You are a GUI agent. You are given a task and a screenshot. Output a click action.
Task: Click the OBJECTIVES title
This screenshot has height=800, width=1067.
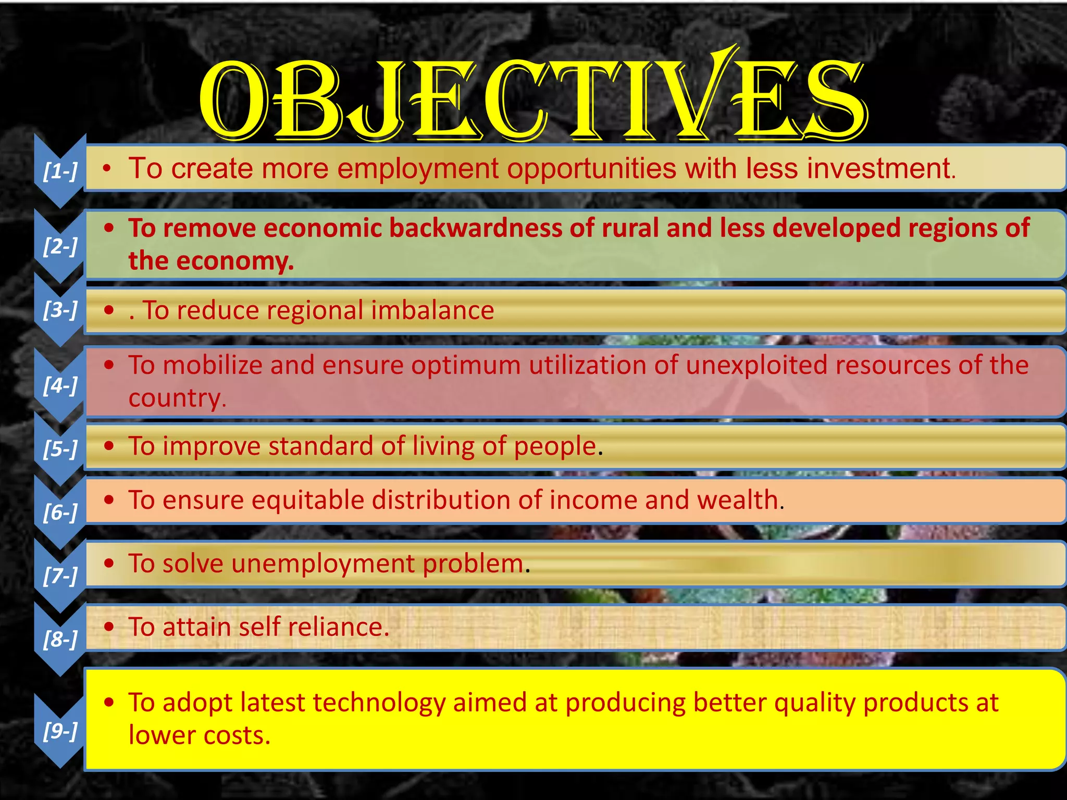[x=532, y=99]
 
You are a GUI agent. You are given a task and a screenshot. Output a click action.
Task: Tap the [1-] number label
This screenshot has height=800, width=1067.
[x=60, y=170]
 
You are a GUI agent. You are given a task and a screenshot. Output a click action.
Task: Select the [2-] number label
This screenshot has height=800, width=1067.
[x=60, y=245]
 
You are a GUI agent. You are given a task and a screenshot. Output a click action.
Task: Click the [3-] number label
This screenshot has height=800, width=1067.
[x=60, y=310]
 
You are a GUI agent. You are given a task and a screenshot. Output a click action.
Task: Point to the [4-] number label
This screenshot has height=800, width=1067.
[x=60, y=385]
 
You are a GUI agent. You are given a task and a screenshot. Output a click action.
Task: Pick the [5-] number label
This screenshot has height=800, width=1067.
[x=60, y=448]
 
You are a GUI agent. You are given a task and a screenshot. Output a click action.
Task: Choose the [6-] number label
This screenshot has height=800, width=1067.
[x=60, y=512]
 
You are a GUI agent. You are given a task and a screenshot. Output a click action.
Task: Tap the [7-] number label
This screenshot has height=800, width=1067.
[x=60, y=576]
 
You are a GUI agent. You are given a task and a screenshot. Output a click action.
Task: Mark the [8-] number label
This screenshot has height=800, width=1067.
[x=60, y=639]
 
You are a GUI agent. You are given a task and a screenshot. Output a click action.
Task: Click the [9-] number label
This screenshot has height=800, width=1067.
[x=60, y=731]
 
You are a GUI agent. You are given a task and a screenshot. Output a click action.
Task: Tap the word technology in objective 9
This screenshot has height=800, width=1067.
[x=379, y=703]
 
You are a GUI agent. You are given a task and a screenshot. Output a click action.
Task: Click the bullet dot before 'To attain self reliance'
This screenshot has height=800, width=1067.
[x=109, y=627]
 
